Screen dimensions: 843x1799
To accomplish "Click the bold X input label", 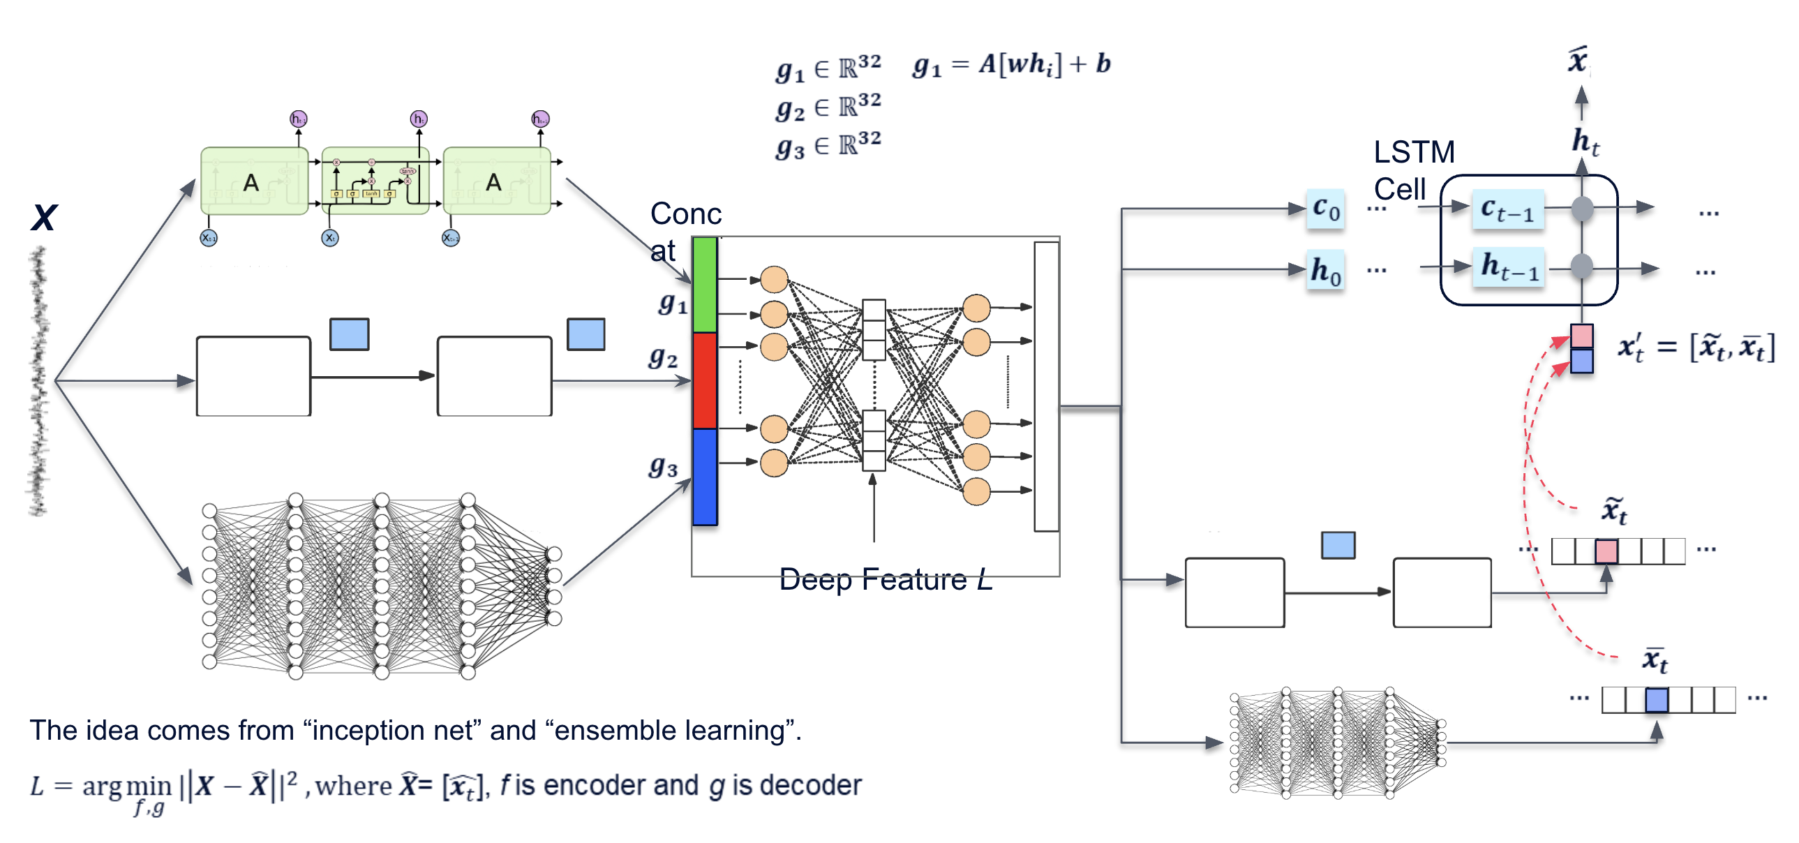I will tap(44, 217).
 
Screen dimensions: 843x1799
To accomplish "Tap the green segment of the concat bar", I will tap(705, 285).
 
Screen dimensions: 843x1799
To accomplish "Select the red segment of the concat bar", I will tap(705, 380).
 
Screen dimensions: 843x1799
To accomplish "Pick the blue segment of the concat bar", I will tap(705, 477).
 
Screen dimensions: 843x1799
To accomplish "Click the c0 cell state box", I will tap(1325, 208).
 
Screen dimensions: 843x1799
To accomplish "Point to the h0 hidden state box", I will tap(1325, 269).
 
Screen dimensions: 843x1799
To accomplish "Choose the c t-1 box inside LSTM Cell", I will tap(1507, 209).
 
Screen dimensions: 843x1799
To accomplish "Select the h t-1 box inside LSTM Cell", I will tap(1509, 267).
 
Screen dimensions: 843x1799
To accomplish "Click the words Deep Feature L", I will tap(885, 580).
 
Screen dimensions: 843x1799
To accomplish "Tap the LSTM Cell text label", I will tap(1414, 170).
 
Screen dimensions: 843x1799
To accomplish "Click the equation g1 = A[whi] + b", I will tap(1010, 65).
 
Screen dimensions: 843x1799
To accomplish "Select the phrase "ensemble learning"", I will tap(671, 731).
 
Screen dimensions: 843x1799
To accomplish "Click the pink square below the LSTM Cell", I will tap(1581, 336).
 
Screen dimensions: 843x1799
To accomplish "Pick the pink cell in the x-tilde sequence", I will tap(1606, 551).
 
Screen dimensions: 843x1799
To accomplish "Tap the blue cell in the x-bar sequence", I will tap(1657, 699).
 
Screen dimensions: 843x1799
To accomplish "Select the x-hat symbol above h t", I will tap(1578, 60).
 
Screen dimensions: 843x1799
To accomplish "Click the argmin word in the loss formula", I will tap(126, 786).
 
